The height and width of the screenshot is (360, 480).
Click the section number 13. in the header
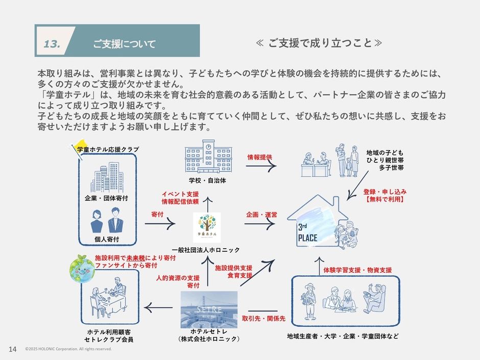pos(52,44)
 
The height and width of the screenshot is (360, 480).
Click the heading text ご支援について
pos(124,44)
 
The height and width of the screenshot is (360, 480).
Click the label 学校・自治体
pos(207,181)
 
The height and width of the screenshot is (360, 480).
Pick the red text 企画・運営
pos(261,215)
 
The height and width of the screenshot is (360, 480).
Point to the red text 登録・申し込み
pos(385,191)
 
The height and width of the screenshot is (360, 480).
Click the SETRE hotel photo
pos(209,309)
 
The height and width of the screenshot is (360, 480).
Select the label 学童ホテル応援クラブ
pos(108,149)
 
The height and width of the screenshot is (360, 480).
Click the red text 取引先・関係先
pos(263,318)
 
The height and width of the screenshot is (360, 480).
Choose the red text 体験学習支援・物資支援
pos(357,269)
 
